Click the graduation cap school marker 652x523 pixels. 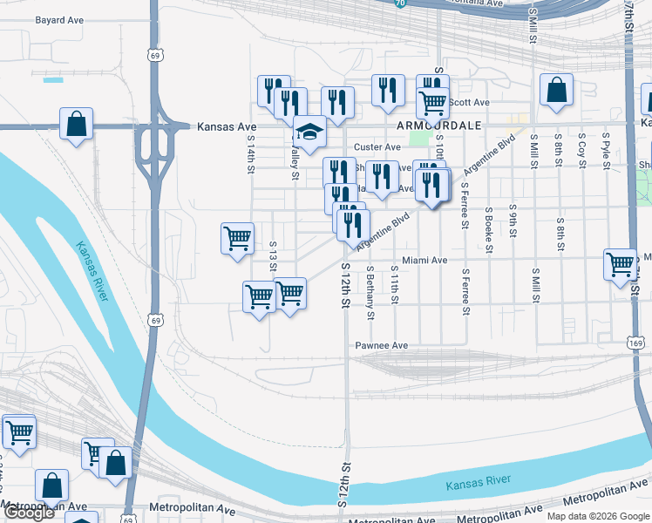point(309,132)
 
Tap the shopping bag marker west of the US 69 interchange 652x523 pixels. point(77,124)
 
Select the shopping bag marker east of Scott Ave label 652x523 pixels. point(556,90)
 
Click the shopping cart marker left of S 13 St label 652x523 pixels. point(237,238)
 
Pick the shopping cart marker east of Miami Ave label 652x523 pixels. point(620,264)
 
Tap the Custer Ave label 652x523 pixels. point(377,147)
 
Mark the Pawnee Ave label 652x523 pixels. point(381,346)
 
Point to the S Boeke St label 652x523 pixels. point(490,229)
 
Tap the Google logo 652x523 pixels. point(28,513)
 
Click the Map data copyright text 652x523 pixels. point(597,516)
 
